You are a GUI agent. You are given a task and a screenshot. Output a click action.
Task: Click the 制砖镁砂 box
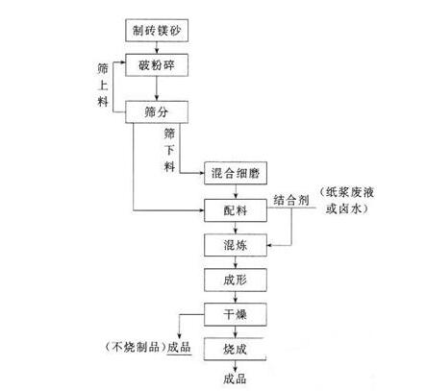pyautogui.click(x=157, y=31)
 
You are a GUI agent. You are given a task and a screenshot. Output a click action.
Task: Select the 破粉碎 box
pyautogui.click(x=157, y=65)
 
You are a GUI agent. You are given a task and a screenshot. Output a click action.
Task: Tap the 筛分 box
pyautogui.click(x=157, y=112)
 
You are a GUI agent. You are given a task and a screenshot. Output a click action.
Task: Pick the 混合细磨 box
pyautogui.click(x=236, y=173)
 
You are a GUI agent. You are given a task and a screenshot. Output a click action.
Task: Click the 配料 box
pyautogui.click(x=236, y=210)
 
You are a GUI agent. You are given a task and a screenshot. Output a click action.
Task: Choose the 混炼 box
pyautogui.click(x=236, y=245)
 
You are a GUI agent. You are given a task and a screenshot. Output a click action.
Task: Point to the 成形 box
pyautogui.click(x=236, y=280)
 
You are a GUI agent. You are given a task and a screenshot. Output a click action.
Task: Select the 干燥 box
pyautogui.click(x=236, y=314)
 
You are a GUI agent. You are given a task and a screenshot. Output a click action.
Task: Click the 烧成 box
pyautogui.click(x=236, y=349)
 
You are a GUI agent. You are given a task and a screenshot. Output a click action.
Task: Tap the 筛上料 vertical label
pyautogui.click(x=103, y=85)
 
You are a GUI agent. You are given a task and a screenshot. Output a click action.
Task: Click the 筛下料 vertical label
pyautogui.click(x=169, y=150)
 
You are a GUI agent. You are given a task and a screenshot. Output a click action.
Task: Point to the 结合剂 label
pyautogui.click(x=291, y=201)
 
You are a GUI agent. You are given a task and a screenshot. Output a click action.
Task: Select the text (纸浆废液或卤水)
pyautogui.click(x=347, y=201)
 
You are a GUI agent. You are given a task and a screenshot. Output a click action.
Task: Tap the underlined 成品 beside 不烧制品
pyautogui.click(x=179, y=347)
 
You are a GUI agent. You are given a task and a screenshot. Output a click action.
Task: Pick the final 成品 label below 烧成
pyautogui.click(x=235, y=379)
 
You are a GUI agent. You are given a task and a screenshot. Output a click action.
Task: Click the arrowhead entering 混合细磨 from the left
pyautogui.click(x=202, y=173)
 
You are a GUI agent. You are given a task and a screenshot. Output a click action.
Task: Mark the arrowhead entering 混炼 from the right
pyautogui.click(x=269, y=246)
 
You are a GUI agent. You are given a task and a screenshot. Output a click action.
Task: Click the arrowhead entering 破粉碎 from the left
pyautogui.click(x=123, y=62)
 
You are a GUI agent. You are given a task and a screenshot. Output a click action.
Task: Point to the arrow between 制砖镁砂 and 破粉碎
pyautogui.click(x=157, y=48)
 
